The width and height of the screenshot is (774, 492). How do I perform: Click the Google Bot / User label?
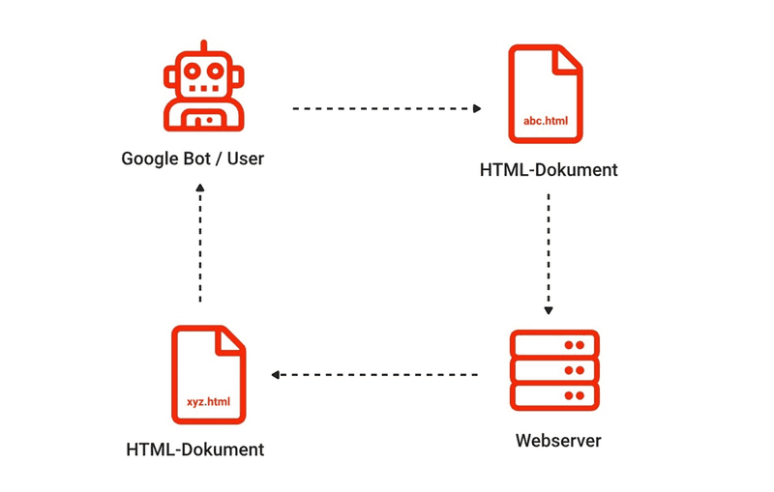coord(193,159)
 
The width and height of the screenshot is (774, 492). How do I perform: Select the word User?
coord(243,159)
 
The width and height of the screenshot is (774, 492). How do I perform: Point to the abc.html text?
coord(547,120)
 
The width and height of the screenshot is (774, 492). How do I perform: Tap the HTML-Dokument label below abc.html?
coord(548,170)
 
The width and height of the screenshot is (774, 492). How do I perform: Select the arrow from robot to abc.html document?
coord(387,108)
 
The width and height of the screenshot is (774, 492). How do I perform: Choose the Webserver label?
coord(558,442)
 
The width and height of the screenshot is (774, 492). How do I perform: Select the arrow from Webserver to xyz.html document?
coord(374,374)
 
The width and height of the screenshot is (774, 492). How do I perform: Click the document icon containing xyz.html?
coord(208,375)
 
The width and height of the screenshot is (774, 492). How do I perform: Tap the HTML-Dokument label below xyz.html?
coord(194,449)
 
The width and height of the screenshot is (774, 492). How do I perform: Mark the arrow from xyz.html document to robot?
coord(200,245)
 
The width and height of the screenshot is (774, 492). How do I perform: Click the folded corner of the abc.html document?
coord(570,59)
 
